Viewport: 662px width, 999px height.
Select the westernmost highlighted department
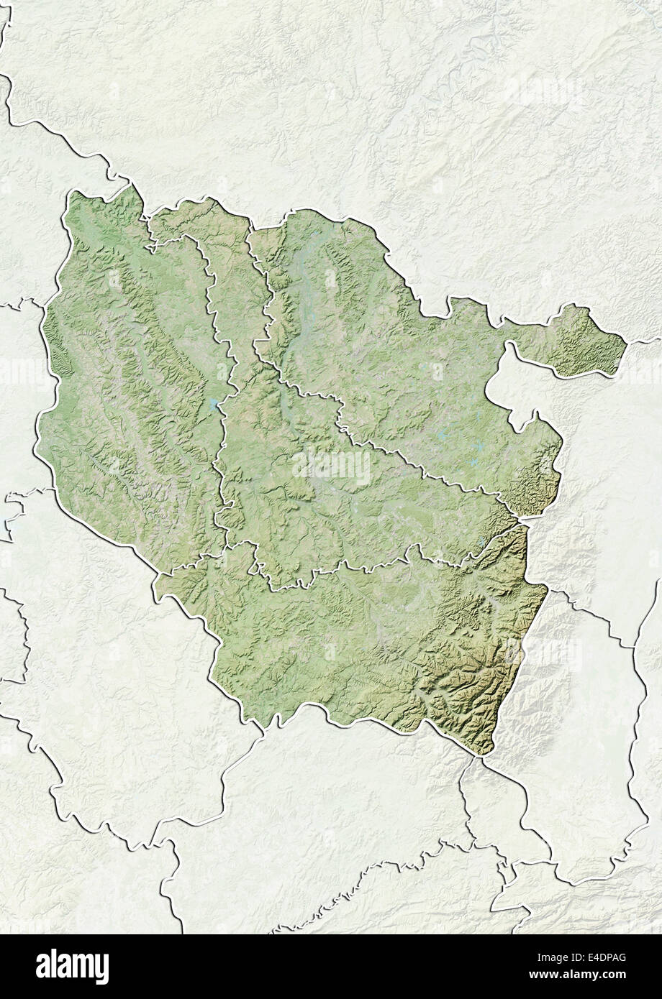click(x=130, y=388)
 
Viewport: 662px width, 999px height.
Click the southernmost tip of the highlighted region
click(x=484, y=755)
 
